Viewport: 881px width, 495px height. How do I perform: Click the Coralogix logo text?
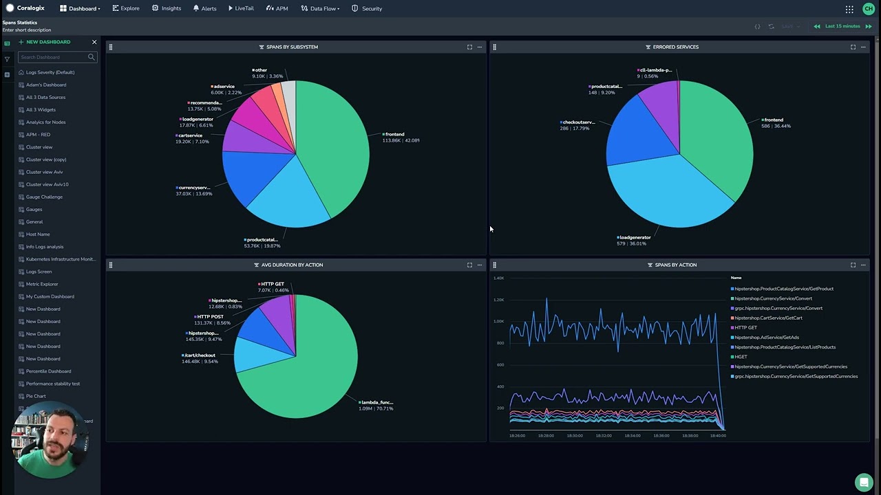pyautogui.click(x=30, y=8)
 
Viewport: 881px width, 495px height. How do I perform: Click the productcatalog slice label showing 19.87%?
pyautogui.click(x=262, y=243)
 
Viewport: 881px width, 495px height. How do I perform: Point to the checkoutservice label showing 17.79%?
pyautogui.click(x=577, y=125)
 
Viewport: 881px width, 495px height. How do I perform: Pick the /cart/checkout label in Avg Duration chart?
pyautogui.click(x=200, y=358)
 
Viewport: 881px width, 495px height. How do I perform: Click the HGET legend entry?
pyautogui.click(x=741, y=357)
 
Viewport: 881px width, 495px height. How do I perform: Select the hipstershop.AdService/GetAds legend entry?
pyautogui.click(x=766, y=338)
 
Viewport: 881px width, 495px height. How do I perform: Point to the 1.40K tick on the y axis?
pyautogui.click(x=499, y=278)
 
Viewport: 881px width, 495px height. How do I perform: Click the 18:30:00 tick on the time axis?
pyautogui.click(x=575, y=435)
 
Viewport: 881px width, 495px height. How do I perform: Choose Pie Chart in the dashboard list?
pyautogui.click(x=36, y=396)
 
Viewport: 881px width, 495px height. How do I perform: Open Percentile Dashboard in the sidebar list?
pyautogui.click(x=48, y=371)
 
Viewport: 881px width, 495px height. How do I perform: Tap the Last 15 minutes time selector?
pyautogui.click(x=842, y=26)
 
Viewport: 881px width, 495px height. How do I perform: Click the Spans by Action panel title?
pyautogui.click(x=675, y=265)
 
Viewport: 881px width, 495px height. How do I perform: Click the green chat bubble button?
pyautogui.click(x=863, y=482)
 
